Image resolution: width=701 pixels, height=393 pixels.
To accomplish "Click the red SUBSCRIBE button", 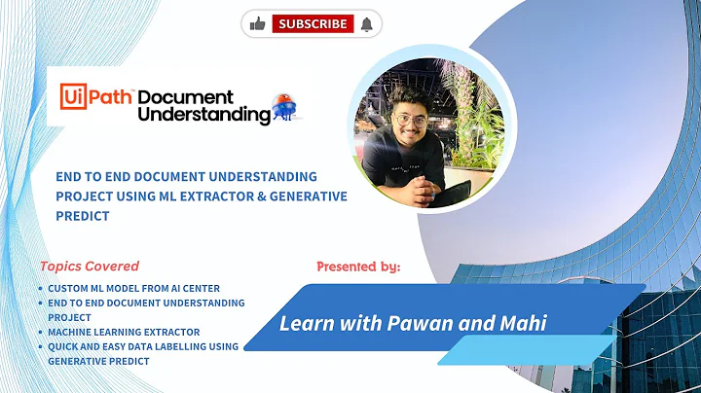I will click(312, 23).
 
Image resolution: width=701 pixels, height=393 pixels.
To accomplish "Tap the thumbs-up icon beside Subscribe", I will click(258, 23).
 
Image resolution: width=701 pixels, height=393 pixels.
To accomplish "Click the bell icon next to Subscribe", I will click(366, 23).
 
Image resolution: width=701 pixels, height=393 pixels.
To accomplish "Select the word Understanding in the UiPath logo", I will click(204, 115).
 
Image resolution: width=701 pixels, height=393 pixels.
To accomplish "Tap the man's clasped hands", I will click(422, 186).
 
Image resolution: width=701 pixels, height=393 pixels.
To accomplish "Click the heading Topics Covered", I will click(90, 266).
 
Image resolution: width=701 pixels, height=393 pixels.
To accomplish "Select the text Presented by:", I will click(358, 266).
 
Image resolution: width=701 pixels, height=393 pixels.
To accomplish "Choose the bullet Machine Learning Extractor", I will click(124, 332).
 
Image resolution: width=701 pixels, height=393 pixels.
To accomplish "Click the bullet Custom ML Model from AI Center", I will click(135, 288).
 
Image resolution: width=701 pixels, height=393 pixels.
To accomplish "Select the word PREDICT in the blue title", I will click(82, 216).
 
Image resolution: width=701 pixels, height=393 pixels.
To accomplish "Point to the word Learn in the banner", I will click(301, 322).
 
